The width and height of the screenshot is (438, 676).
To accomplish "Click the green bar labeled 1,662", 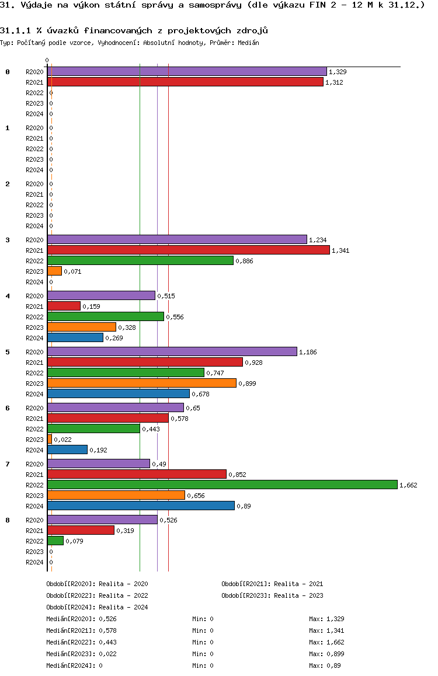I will (x=222, y=485).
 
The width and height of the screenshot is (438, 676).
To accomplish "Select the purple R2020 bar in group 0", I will (x=187, y=71).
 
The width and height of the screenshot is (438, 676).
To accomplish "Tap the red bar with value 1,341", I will (x=188, y=250).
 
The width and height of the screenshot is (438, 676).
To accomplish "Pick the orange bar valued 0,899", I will (x=141, y=383).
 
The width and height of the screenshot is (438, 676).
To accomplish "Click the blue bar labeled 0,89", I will (x=141, y=506).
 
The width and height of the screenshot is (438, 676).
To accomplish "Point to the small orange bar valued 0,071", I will (x=54, y=271).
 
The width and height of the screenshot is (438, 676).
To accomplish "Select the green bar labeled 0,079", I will (x=55, y=541).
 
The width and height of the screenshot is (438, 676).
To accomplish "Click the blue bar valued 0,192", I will (x=67, y=449).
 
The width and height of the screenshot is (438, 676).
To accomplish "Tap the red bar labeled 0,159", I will (x=64, y=306).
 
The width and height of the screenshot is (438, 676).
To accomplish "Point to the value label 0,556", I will (x=175, y=317).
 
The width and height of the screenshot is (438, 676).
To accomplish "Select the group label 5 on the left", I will (x=8, y=352).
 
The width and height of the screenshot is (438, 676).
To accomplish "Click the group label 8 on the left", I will (x=8, y=520).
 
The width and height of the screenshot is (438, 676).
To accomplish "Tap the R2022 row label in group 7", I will (x=34, y=485).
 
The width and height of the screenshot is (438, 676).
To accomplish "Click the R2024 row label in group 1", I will (x=34, y=170).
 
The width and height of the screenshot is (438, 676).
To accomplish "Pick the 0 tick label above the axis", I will (x=47, y=60).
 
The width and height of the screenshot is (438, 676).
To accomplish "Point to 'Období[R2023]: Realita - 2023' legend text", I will (x=272, y=595).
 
